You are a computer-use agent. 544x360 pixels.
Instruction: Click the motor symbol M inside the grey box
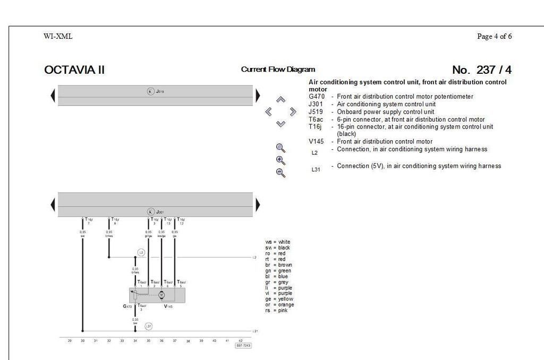pos(161,295)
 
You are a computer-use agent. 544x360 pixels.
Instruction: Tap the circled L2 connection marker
pos(141,252)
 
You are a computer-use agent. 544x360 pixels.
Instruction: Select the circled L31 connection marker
pos(149,326)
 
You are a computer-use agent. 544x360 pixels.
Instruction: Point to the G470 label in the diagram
pos(127,306)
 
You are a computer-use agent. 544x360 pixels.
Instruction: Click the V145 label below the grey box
pos(168,306)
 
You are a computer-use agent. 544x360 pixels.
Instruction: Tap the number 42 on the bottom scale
pos(240,340)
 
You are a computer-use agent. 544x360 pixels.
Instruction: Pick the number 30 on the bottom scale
pos(83,340)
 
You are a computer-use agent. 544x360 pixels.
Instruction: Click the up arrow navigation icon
pos(281,100)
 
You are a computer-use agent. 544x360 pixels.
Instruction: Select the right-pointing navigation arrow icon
pos(293,112)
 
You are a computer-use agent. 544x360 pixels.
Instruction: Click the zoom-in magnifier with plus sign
pos(281,160)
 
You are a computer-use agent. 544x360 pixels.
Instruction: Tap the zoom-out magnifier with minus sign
pos(281,173)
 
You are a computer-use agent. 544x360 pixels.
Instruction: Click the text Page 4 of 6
pos(494,37)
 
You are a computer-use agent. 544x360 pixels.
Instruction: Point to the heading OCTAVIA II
pos(74,70)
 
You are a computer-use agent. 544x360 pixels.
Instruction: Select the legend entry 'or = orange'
pos(279,305)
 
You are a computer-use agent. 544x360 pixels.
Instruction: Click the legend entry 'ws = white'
pos(278,242)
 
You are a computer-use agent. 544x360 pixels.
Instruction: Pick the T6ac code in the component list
pos(316,119)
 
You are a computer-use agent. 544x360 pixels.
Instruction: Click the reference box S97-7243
pos(243,346)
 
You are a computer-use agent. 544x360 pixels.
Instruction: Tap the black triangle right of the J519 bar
pos(258,96)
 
